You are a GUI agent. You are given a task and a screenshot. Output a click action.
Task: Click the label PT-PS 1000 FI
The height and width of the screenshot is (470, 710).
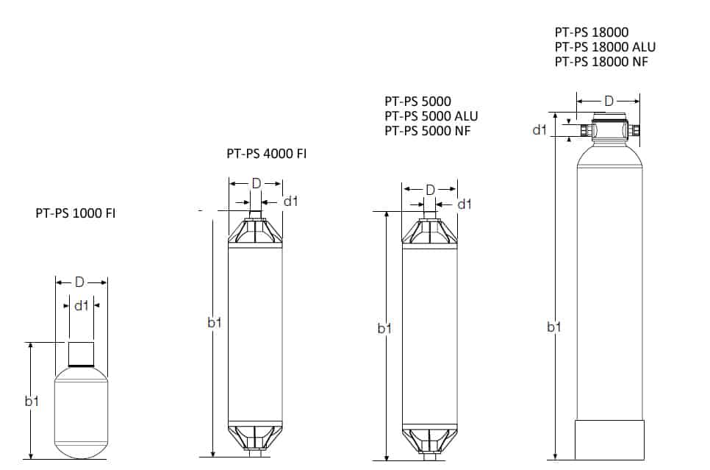[x=76, y=213]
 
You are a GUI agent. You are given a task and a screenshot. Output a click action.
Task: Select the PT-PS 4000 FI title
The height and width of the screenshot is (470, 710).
[x=267, y=154]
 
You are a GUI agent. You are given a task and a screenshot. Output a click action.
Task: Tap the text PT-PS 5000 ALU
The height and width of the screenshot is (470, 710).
[x=431, y=116]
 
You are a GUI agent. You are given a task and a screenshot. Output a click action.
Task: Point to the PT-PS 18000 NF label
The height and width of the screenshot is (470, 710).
[x=601, y=62]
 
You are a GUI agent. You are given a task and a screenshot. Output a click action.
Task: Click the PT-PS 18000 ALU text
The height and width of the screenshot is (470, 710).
[x=605, y=46]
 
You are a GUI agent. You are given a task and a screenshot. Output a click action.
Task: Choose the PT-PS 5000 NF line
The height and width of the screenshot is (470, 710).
[x=428, y=131]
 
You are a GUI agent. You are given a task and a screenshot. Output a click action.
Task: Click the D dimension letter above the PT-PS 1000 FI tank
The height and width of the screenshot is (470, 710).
[x=79, y=282]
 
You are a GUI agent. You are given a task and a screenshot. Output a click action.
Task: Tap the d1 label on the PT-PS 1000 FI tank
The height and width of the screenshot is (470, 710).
[x=81, y=306]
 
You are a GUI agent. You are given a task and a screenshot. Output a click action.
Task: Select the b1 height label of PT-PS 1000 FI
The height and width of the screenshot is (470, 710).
[x=32, y=401]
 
